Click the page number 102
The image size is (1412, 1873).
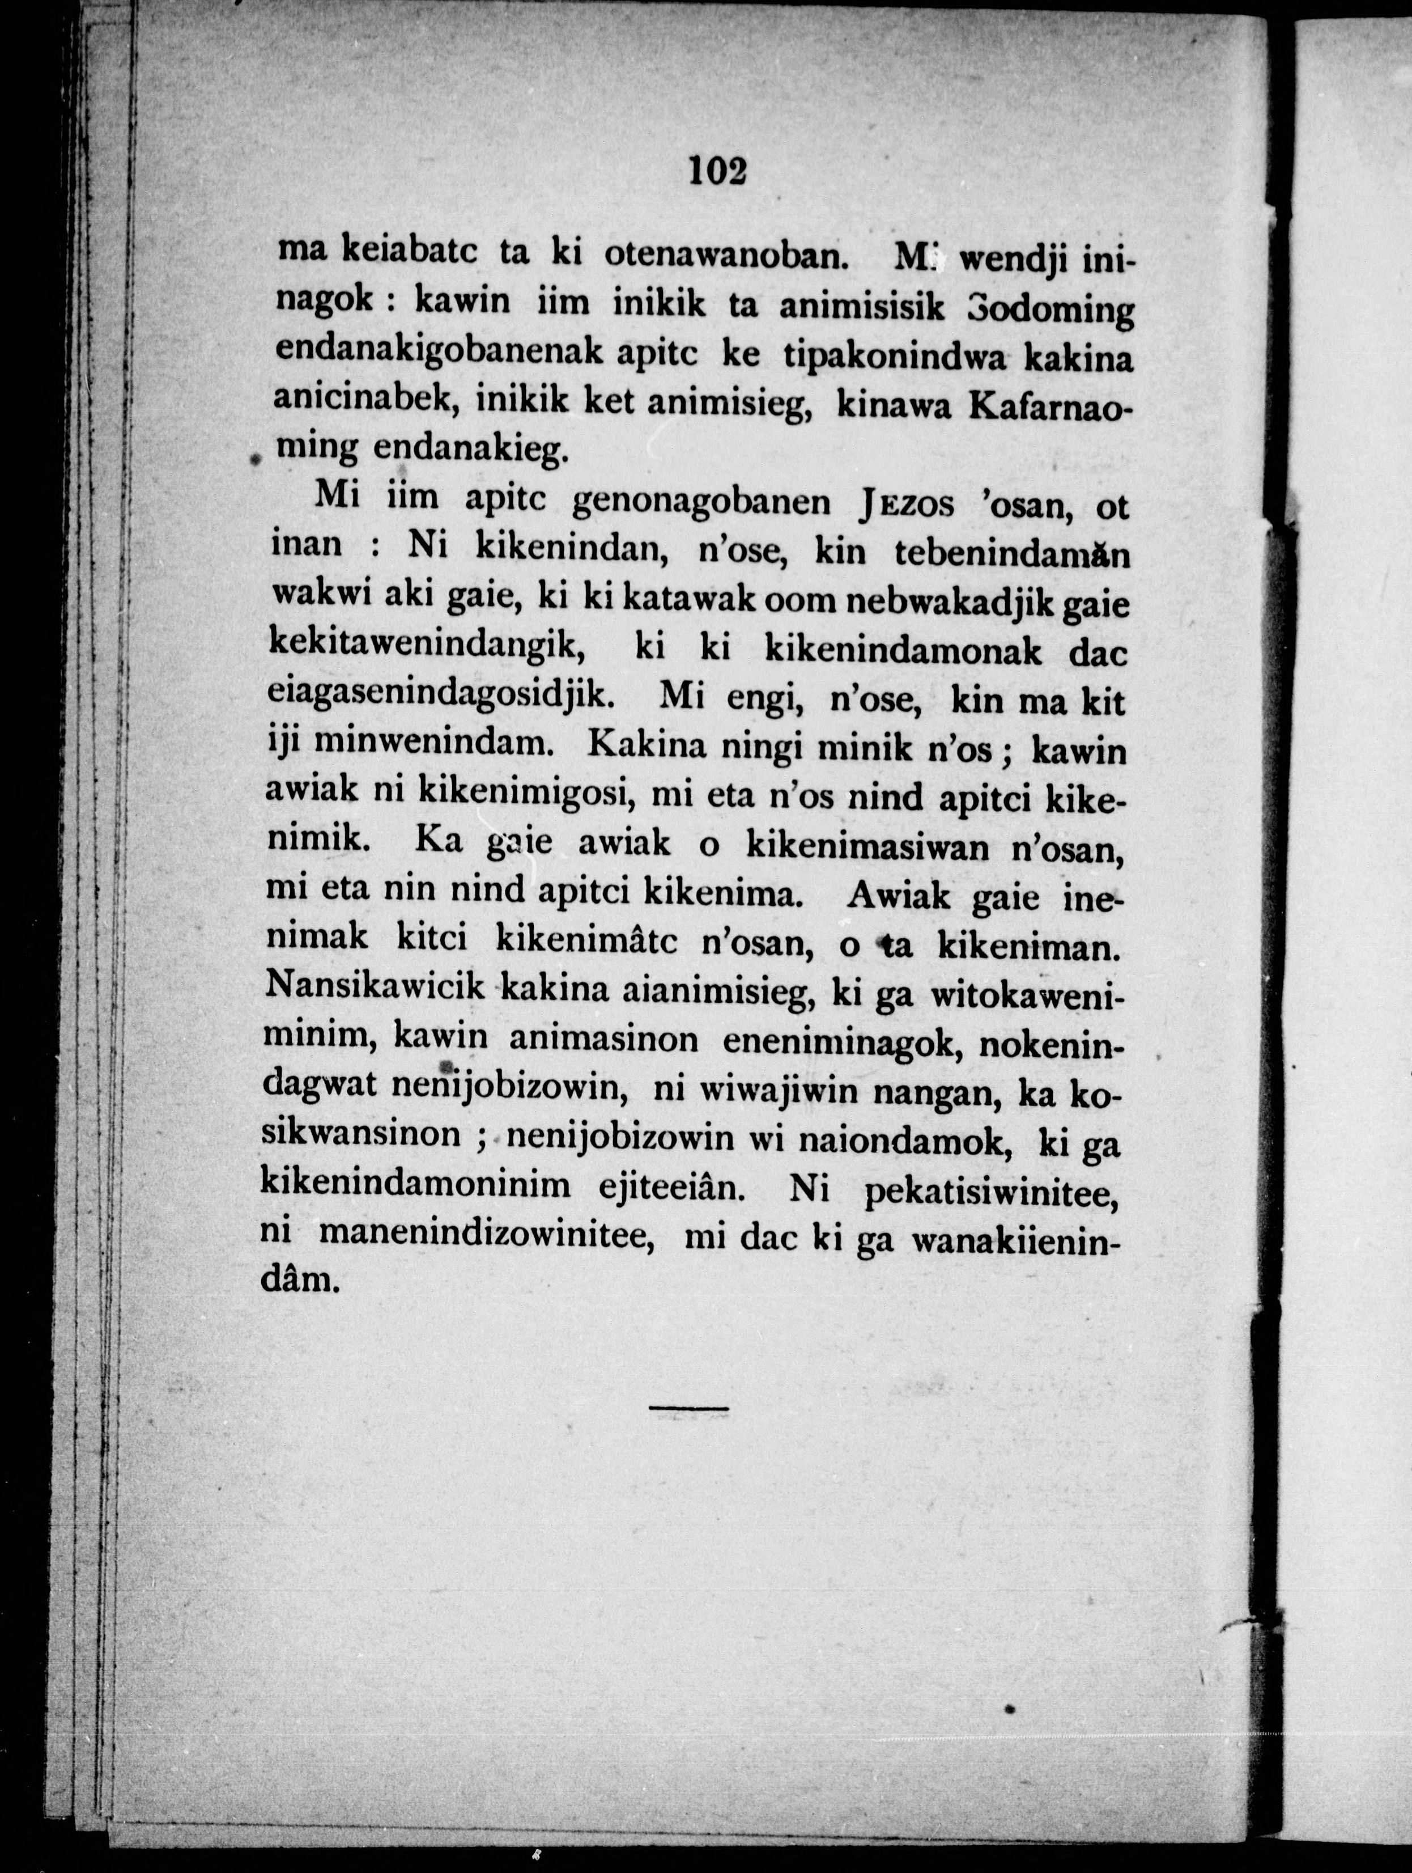click(718, 171)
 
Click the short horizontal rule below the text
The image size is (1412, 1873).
click(688, 1408)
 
